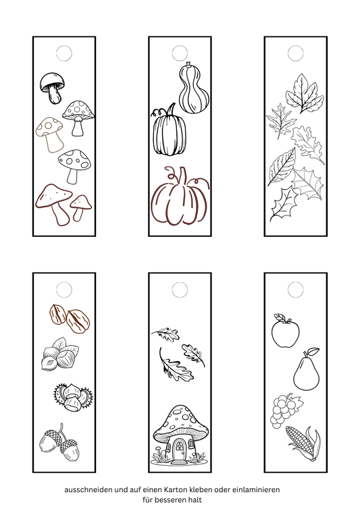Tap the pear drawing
point(306,372)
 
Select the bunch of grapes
point(284,410)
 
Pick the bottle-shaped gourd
point(194,88)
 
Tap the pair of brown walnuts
point(70,319)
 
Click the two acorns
point(59,442)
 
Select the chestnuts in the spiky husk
point(73,398)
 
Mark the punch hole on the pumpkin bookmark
point(180,53)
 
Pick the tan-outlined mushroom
point(50,134)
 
